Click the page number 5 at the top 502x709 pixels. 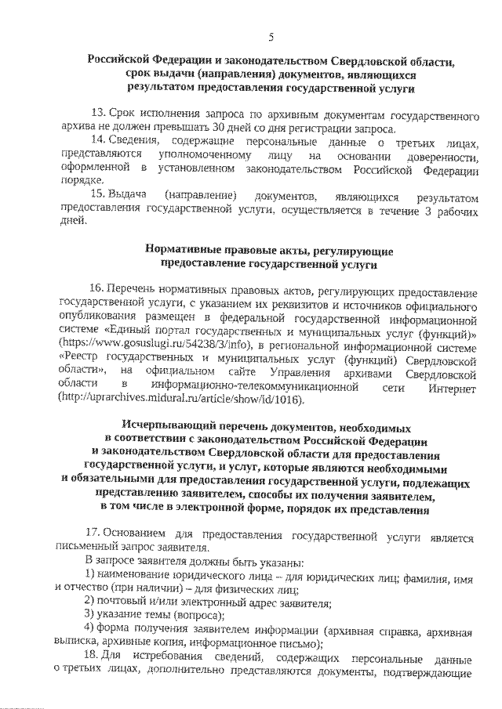(271, 38)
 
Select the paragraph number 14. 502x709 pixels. (98, 142)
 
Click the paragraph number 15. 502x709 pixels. (98, 194)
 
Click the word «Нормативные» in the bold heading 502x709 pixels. (182, 251)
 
